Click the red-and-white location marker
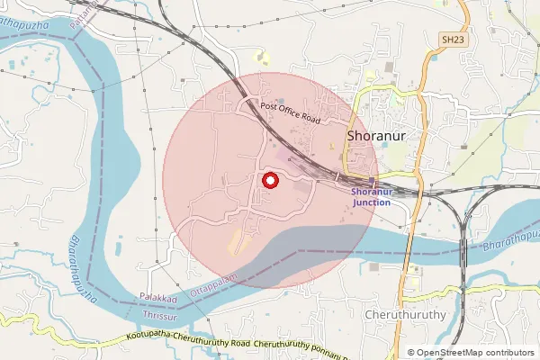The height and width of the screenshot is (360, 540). [269, 180]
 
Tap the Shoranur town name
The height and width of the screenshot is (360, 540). [379, 137]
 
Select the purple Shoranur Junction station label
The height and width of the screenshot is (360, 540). [372, 197]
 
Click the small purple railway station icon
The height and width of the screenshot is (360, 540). [372, 180]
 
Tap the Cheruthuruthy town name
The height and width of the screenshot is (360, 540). [407, 316]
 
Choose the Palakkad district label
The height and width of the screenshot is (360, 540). [158, 297]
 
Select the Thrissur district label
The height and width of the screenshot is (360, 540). [162, 316]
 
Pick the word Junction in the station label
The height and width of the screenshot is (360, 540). [372, 202]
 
